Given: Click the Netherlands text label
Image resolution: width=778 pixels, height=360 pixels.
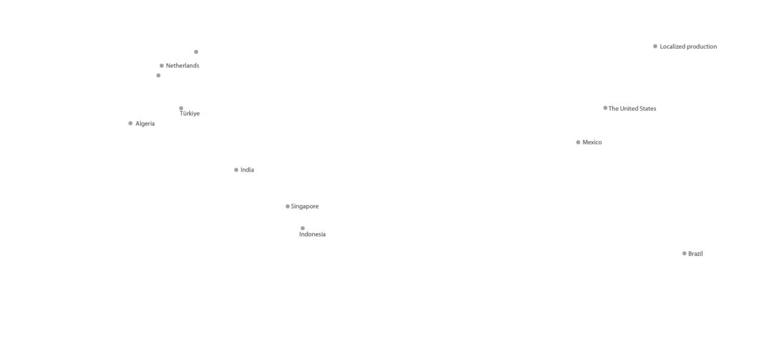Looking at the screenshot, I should coord(182,66).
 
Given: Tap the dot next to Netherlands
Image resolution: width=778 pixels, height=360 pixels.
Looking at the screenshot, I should coord(162,66).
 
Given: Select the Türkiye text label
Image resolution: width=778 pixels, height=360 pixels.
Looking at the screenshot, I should coord(190,114).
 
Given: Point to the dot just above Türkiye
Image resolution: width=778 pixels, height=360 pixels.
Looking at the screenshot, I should coord(181,108).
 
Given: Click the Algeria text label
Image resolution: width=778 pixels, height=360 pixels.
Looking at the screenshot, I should coord(145,123).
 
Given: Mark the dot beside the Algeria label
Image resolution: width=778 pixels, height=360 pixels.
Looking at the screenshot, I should coord(131,123).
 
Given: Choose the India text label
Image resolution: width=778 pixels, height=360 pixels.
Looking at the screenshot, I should coord(247,170).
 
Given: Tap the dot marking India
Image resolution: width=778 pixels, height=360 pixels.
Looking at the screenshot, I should coord(236,170).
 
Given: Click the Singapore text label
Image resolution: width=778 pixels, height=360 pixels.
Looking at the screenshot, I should coord(305,207).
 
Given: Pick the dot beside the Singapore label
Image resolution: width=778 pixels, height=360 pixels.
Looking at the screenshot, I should coord(287,206).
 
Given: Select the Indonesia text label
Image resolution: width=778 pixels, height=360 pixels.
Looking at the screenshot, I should coord(312,235).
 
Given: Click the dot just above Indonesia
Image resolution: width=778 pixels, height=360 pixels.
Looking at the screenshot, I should coord(303,228).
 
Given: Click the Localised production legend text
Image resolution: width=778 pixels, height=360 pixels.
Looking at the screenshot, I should coord(688,47).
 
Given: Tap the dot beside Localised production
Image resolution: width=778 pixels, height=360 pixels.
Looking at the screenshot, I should coord(655,46).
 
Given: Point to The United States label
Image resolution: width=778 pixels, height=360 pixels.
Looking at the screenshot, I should coord(632,109).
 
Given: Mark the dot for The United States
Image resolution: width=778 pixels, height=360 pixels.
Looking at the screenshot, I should coord(605,108).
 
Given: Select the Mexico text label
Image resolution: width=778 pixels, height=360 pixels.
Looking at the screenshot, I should coord(592,142).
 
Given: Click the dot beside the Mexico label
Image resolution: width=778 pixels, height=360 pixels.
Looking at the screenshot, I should coord(578,142).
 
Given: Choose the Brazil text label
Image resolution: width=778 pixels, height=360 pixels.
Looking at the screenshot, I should coord(695,254).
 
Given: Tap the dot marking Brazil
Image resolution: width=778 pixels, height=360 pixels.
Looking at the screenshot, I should coord(684,254).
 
